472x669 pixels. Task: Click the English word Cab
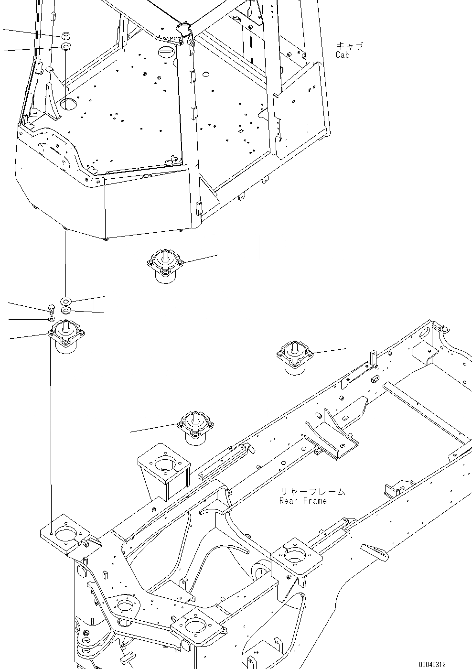point(343,55)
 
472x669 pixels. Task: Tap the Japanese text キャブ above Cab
point(349,46)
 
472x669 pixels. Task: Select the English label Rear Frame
point(303,501)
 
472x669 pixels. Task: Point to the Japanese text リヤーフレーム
point(312,491)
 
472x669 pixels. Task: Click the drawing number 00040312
point(432,664)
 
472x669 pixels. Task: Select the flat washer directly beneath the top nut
point(66,47)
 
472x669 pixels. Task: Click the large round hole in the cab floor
point(67,103)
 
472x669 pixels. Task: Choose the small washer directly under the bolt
point(51,319)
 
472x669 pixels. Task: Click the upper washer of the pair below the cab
point(66,301)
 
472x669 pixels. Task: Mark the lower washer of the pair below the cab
point(66,311)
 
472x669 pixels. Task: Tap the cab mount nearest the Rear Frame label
point(196,427)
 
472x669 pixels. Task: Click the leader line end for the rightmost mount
point(345,349)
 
